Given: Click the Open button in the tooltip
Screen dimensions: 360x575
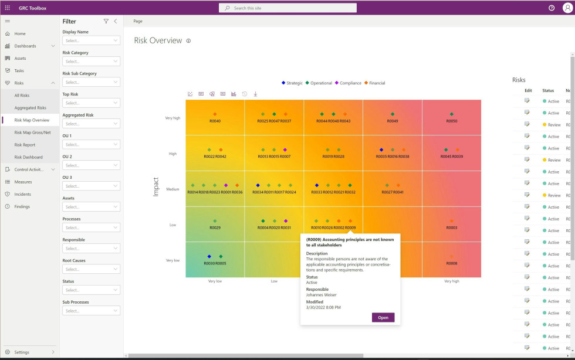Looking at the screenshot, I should point(383,317).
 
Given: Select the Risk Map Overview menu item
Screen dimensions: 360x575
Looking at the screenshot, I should point(32,120).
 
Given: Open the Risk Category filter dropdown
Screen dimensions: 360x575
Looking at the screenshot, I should point(91,62).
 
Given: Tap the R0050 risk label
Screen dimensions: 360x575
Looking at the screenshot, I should point(451,121).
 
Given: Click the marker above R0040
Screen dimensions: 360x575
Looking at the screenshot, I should point(215,114).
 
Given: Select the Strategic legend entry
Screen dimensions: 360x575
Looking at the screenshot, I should point(292,83).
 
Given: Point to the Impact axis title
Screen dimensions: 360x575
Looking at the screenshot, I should point(155,186).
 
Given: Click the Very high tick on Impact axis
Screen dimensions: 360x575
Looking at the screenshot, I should point(172,118).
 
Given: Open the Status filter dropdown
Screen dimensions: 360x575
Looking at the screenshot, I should point(91,290).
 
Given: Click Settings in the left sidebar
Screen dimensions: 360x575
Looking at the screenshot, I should point(22,352).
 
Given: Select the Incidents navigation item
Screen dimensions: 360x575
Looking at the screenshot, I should point(23,194).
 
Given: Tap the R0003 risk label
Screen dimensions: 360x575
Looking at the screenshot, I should point(451,227).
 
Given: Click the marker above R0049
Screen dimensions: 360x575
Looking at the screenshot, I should point(393,114).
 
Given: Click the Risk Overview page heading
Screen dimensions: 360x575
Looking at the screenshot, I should point(158,40).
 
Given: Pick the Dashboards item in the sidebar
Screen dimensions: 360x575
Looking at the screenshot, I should point(25,46).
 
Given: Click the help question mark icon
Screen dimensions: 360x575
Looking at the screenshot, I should point(551,8).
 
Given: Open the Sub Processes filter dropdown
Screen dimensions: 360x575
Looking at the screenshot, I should point(91,311).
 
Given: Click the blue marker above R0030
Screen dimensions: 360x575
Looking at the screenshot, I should point(209,256).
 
